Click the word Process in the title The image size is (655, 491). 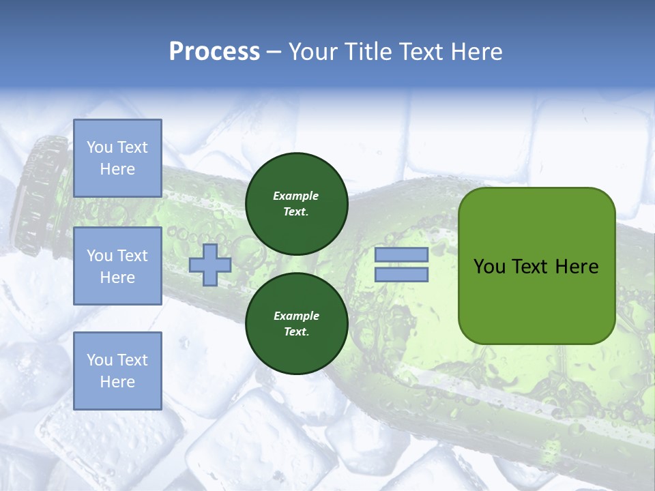(214, 52)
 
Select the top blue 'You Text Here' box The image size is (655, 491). (117, 158)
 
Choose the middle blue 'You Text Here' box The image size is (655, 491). (117, 266)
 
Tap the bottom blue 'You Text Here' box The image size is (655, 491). (117, 371)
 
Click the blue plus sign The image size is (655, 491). (210, 265)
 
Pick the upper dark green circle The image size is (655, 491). (296, 204)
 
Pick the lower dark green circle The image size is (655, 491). (296, 324)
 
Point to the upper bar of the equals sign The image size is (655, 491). (401, 255)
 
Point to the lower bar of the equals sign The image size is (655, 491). (401, 275)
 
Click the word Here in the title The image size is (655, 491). (475, 52)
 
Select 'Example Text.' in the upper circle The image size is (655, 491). (296, 204)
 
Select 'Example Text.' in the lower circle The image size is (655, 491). (296, 324)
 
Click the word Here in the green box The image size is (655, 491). (577, 267)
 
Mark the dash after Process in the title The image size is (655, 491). (274, 53)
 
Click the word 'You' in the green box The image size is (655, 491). (489, 267)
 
